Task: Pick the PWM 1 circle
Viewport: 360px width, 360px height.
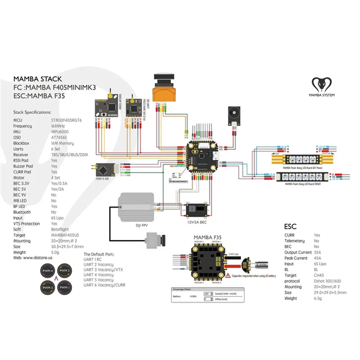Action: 65,286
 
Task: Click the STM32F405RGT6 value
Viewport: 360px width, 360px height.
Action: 67,120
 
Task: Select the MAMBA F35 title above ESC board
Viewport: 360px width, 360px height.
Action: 207,237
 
